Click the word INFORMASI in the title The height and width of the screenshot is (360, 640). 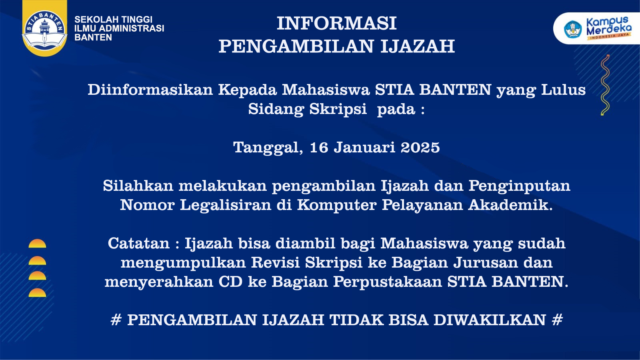tap(336, 24)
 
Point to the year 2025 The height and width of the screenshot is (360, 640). tap(420, 148)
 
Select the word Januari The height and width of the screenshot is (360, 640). tap(364, 148)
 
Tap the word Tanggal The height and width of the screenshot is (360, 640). tap(268, 148)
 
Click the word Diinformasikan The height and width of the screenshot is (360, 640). tap(150, 90)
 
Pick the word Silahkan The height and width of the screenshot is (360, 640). tap(138, 186)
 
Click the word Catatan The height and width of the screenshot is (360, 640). tap(138, 244)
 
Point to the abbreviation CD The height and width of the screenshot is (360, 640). tap(230, 282)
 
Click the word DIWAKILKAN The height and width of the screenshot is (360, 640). tap(490, 320)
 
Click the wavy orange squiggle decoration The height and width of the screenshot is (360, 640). tap(605, 85)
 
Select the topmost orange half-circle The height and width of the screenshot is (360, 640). tap(37, 244)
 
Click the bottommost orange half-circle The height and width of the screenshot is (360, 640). tap(37, 293)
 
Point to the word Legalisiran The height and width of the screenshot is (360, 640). tap(226, 205)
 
